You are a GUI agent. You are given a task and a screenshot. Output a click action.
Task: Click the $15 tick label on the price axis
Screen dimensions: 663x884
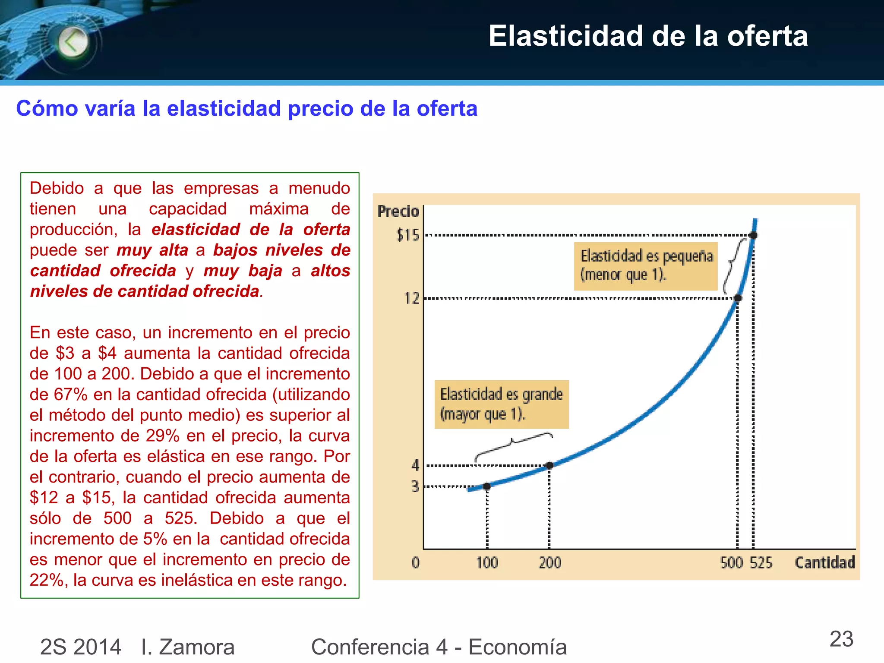tap(408, 235)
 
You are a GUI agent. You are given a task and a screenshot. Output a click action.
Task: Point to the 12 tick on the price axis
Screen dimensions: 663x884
tap(412, 298)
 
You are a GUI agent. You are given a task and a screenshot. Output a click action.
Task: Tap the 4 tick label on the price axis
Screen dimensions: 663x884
tap(415, 465)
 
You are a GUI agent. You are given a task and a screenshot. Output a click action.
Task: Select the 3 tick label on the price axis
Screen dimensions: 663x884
tap(415, 486)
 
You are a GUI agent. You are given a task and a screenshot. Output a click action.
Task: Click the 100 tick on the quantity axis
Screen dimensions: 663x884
tap(487, 563)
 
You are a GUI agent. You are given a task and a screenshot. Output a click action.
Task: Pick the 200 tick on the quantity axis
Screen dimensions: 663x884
tap(549, 563)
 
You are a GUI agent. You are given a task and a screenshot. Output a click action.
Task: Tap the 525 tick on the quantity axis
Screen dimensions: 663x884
tap(761, 563)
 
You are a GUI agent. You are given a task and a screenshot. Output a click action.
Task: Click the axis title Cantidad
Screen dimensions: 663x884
tap(824, 562)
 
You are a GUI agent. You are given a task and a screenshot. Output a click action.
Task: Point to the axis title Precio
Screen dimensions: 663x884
tap(398, 212)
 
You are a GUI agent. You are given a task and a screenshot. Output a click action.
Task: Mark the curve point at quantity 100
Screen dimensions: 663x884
tap(487, 486)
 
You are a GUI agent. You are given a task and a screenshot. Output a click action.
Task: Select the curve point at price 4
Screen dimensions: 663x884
tap(549, 465)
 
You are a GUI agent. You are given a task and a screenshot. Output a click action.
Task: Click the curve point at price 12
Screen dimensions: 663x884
tap(738, 298)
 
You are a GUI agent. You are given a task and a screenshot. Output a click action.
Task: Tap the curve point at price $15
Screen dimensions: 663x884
tap(753, 235)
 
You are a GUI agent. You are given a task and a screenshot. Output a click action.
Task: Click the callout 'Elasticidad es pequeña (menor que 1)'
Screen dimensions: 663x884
tap(646, 266)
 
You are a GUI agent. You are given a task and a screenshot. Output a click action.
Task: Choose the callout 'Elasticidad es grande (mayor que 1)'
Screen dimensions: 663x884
tap(501, 404)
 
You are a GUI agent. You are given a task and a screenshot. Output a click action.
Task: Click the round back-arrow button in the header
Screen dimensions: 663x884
tap(73, 42)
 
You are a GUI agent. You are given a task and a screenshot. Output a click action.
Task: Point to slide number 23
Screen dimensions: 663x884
tap(841, 639)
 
